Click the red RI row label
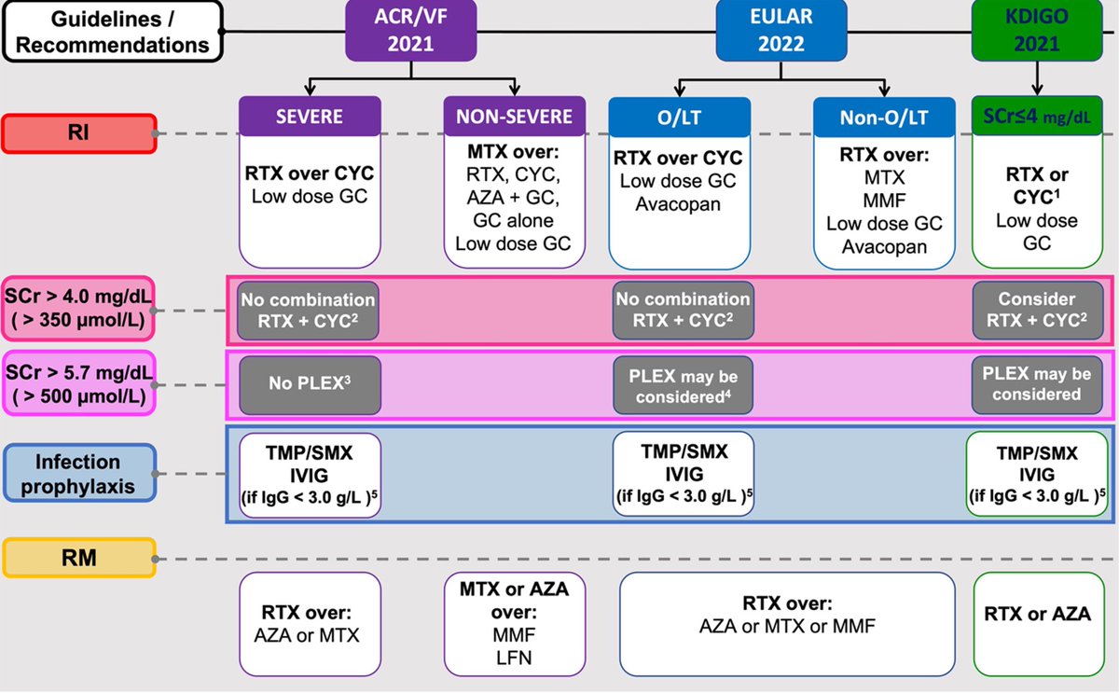78,134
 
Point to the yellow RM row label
78,558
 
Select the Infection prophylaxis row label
78,473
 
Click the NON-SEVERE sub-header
514,118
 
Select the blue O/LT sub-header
680,118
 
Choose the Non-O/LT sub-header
884,118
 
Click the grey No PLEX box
310,382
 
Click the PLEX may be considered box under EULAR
684,384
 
